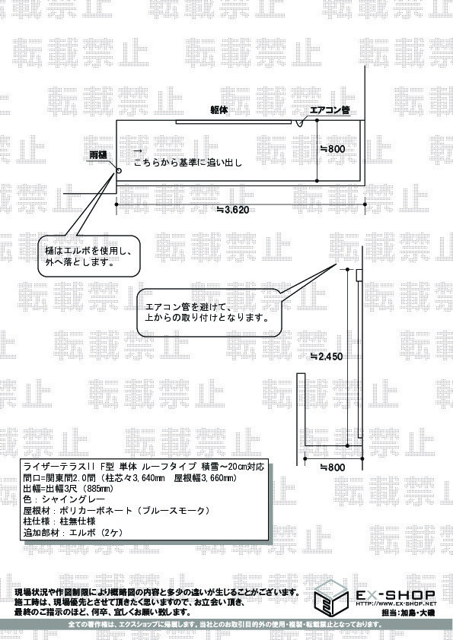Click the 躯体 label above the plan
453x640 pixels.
coord(219,110)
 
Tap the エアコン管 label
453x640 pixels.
coord(330,110)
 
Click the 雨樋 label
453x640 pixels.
coord(98,155)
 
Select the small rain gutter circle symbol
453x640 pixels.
coord(119,171)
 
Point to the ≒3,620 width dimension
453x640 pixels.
coord(232,210)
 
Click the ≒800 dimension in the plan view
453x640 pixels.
coord(333,149)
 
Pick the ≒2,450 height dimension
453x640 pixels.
coord(327,356)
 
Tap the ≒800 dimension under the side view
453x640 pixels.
coord(333,467)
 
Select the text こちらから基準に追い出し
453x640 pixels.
coord(188,163)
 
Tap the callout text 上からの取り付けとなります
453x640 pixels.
coord(207,317)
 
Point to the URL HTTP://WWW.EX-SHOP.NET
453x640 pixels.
coord(396,604)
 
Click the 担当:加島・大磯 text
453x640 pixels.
coord(408,613)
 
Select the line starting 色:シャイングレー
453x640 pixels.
coord(64,499)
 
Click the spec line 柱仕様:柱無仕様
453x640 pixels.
coord(59,521)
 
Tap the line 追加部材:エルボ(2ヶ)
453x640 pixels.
coord(73,532)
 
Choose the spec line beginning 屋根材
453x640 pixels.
coord(116,510)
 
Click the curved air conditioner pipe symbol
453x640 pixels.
coord(299,122)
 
